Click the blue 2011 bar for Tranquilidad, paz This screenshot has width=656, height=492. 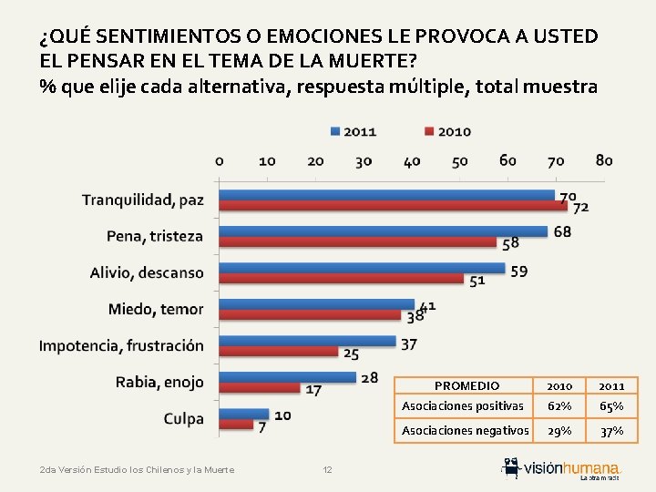click(387, 195)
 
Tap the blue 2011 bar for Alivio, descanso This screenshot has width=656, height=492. click(363, 268)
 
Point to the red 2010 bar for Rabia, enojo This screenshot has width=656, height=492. click(261, 388)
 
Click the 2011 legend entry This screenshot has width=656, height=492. click(354, 131)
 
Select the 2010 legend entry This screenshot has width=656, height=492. click(448, 131)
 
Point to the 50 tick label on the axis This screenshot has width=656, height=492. click(460, 161)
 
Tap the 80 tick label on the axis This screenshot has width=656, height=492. click(603, 161)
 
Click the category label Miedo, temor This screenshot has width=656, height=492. click(156, 309)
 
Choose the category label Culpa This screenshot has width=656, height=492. click(183, 419)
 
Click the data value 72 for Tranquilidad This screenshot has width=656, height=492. click(581, 208)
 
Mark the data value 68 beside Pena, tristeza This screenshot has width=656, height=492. click(562, 231)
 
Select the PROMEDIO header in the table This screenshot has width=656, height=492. click(466, 386)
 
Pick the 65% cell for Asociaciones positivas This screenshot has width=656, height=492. click(612, 406)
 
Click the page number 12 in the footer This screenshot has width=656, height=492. click(328, 469)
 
